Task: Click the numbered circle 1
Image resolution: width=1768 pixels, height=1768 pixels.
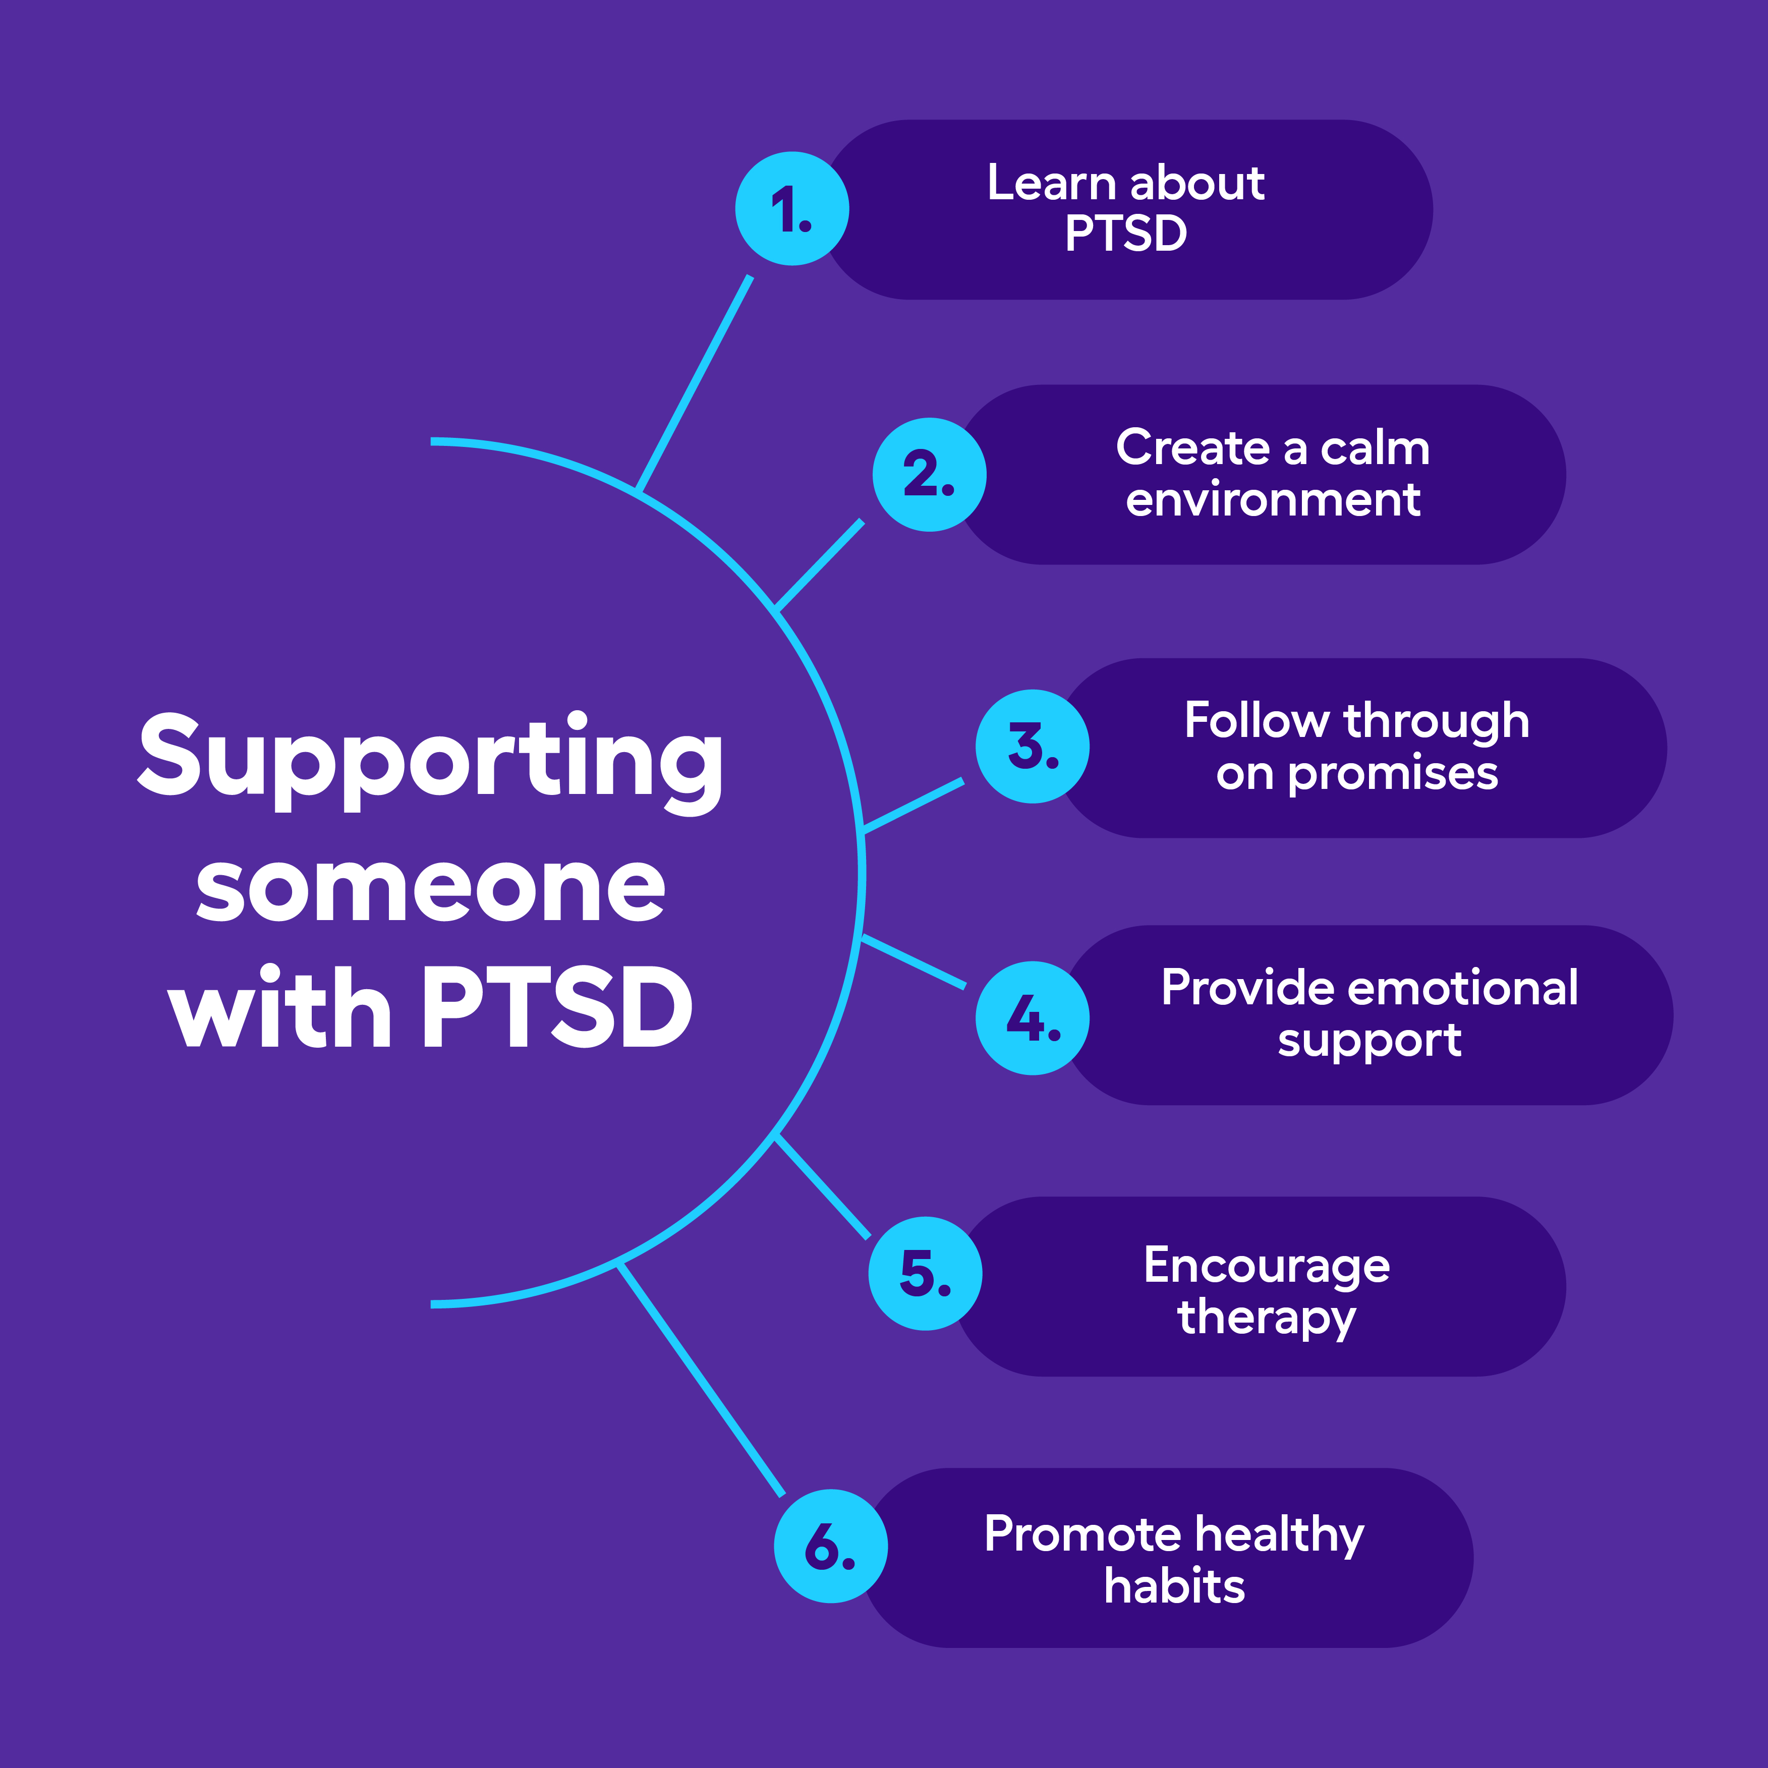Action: (791, 209)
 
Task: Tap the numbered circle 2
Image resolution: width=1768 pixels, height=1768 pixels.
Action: (929, 474)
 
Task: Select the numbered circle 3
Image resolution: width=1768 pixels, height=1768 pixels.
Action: (1032, 746)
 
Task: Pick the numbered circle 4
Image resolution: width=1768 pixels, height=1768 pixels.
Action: (1032, 1017)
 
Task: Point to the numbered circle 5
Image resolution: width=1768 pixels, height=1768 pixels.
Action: (924, 1273)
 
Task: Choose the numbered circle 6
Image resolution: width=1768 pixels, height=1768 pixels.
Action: (830, 1547)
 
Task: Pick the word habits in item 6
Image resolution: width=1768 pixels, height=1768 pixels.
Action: (1174, 1587)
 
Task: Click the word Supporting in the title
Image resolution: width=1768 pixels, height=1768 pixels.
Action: (430, 760)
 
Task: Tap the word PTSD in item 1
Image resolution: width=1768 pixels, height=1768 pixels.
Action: (1125, 234)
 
